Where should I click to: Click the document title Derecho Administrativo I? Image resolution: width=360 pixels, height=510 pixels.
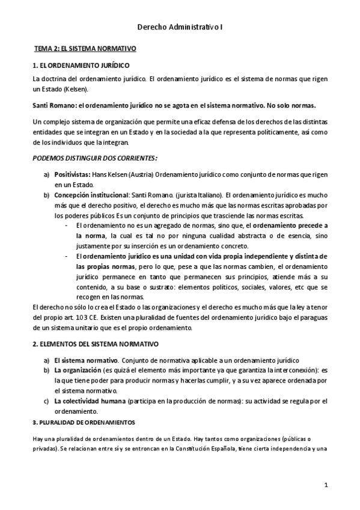(x=180, y=27)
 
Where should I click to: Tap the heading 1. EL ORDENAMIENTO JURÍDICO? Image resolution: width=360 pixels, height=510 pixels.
(x=80, y=65)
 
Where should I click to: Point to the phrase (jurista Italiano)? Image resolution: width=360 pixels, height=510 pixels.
(x=195, y=195)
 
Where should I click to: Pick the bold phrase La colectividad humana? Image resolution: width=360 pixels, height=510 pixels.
(x=88, y=401)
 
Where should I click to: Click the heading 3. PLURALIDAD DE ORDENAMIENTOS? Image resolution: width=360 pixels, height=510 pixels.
(x=84, y=423)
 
